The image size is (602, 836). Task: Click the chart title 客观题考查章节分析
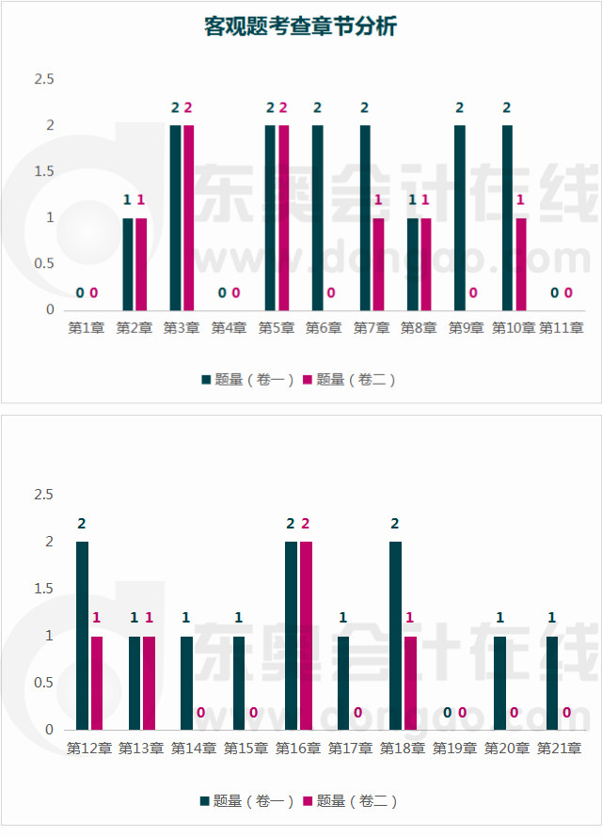coord(301,27)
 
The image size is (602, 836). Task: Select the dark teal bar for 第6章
coord(318,217)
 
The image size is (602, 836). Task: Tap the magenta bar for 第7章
coord(378,263)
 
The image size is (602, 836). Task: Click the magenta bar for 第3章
coord(188,217)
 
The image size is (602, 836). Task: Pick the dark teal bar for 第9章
coord(460,217)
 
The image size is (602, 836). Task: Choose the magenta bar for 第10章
coord(520,263)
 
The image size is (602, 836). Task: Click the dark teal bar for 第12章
coord(82,635)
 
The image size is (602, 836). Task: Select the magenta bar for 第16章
coord(305,635)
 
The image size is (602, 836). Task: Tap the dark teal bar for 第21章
coord(552,682)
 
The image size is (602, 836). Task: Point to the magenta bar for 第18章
coord(409,682)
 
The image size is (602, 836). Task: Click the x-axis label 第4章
coord(229,328)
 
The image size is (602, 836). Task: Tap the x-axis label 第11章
coord(562,328)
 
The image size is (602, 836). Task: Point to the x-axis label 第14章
coord(194,749)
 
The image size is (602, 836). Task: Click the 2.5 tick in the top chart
coord(44,79)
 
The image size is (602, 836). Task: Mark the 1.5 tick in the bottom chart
coord(44,589)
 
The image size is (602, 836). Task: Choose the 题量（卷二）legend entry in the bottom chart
coord(349,800)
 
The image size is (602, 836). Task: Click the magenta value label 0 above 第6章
coord(331,293)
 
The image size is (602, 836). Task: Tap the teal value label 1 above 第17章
coord(343,618)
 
